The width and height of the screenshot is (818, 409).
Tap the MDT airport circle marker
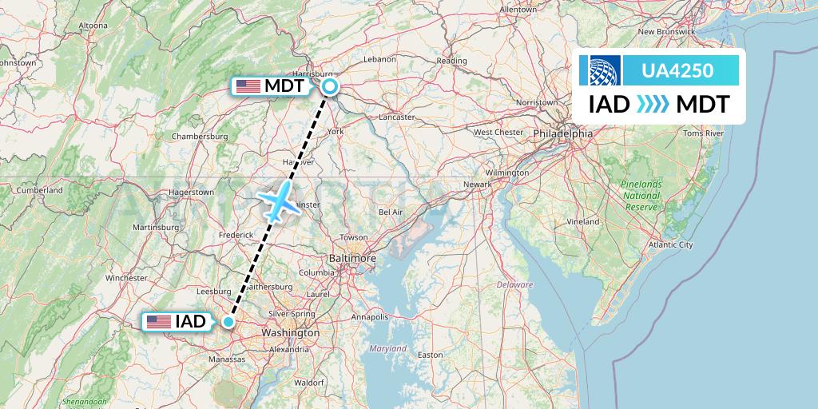tap(329, 86)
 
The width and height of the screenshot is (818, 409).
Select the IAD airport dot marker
tap(228, 322)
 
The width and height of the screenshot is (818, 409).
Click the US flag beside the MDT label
tap(247, 85)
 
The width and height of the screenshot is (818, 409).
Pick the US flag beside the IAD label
tap(159, 322)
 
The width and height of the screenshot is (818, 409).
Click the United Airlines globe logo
tap(604, 70)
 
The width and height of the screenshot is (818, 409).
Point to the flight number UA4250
tap(680, 70)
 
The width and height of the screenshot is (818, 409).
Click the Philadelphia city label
tap(564, 133)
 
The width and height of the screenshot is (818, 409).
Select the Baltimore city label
tap(352, 259)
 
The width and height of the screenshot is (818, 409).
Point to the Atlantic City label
tap(671, 244)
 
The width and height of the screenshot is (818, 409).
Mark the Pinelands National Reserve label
tap(641, 195)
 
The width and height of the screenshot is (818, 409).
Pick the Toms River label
tap(703, 133)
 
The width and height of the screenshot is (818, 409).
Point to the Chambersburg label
tap(200, 136)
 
